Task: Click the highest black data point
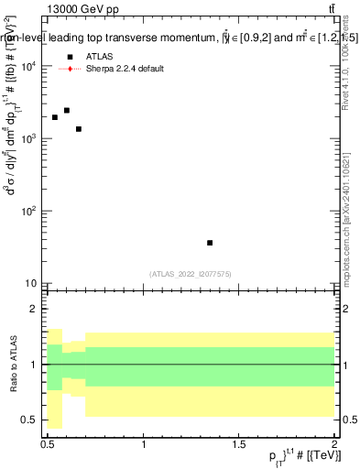click(x=67, y=110)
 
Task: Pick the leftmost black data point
click(x=55, y=117)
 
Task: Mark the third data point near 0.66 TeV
click(x=79, y=129)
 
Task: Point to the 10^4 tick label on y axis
click(x=28, y=67)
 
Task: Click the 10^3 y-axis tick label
click(x=28, y=139)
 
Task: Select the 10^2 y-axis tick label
click(x=28, y=212)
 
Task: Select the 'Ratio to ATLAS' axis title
click(x=12, y=364)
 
